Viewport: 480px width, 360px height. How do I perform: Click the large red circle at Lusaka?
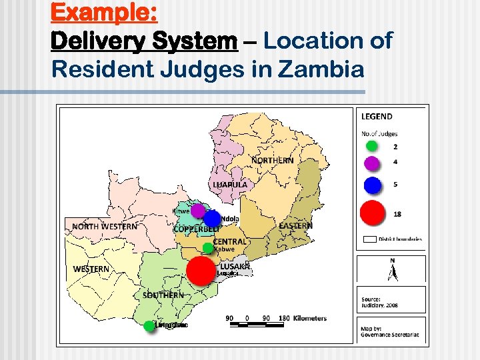[x=201, y=271]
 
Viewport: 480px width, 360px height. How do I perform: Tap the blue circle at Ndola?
[x=212, y=219]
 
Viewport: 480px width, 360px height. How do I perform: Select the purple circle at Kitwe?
[x=197, y=211]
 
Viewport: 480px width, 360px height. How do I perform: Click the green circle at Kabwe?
[x=208, y=248]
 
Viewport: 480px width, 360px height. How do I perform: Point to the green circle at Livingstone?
[x=149, y=326]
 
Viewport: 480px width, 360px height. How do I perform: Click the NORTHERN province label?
[x=272, y=161]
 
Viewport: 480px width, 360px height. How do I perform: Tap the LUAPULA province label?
[x=230, y=184]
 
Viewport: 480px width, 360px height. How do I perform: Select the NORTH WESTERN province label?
[x=105, y=227]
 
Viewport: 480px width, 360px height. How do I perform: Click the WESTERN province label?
[x=91, y=269]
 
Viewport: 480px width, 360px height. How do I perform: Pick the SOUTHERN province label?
[x=163, y=295]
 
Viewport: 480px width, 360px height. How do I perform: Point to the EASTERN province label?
[x=295, y=227]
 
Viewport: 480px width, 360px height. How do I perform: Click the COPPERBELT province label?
[x=197, y=229]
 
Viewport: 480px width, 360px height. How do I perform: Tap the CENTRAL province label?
[x=229, y=241]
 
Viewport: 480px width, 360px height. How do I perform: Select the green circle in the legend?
[x=372, y=146]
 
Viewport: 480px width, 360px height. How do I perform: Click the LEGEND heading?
[x=377, y=117]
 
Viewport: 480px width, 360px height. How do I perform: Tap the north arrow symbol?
[x=392, y=271]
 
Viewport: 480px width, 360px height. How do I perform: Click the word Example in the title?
[x=99, y=13]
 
